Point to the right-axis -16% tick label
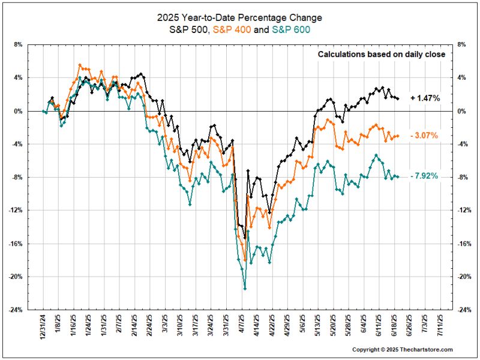coord(464,244)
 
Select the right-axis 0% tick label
coord(461,111)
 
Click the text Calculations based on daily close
coord(381,55)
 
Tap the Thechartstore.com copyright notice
coord(402,349)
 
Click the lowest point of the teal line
coord(245,289)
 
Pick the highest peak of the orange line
coord(80,65)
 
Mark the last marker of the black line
coord(398,98)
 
